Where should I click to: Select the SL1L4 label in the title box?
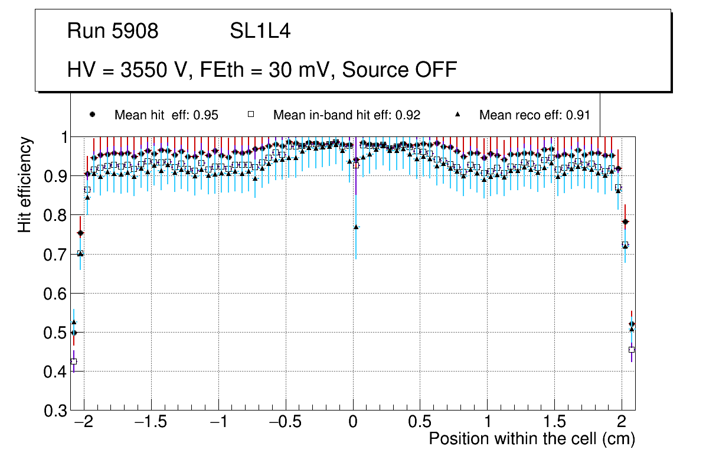260,31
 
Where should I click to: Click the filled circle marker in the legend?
91,115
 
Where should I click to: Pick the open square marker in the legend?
250,115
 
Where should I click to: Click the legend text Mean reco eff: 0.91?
534,115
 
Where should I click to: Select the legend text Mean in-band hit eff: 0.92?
347,115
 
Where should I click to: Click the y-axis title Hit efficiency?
25,184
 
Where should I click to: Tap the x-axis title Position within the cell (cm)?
532,439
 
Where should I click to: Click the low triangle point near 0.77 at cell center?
356,227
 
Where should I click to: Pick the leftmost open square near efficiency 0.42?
74,361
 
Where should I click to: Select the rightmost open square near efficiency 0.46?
632,350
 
